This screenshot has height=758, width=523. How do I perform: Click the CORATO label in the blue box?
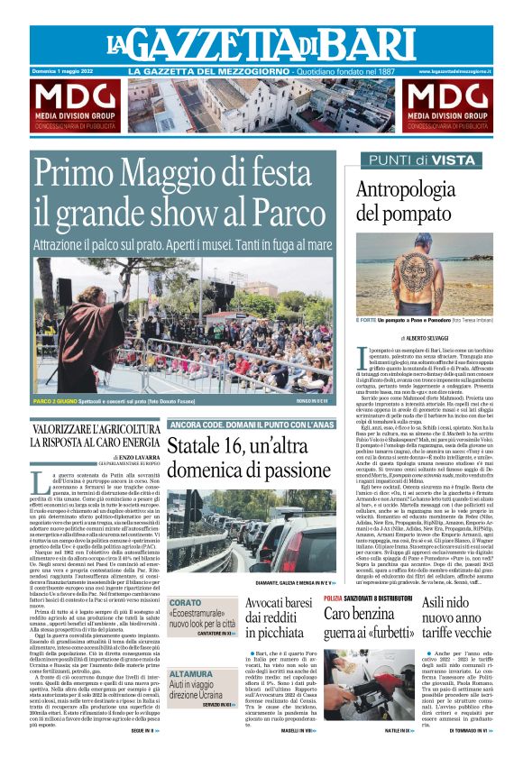(x=186, y=602)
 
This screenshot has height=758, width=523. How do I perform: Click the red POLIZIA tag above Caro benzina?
(x=334, y=598)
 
